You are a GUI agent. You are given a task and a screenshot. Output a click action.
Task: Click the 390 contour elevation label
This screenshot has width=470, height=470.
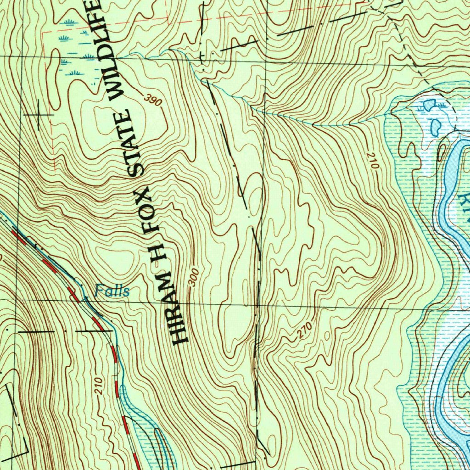(x=152, y=100)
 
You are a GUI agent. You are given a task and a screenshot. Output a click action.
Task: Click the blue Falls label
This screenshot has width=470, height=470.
(x=112, y=291)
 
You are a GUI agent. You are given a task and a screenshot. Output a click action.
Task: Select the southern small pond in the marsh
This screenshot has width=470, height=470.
(x=436, y=126)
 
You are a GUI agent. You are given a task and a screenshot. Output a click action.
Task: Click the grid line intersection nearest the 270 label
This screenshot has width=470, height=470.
(x=258, y=305)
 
